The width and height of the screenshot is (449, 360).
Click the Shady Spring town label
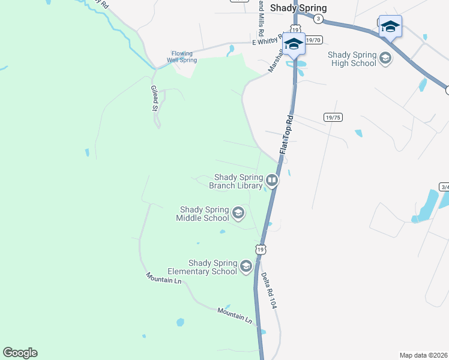[x=298, y=8]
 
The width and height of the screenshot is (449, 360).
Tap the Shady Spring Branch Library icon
[x=272, y=180]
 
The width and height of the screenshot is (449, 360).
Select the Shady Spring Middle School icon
[x=238, y=212]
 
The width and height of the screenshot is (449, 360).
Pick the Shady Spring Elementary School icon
[x=246, y=266]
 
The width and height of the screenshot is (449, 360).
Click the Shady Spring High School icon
[x=385, y=58]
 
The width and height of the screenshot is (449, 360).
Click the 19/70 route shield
[x=314, y=40]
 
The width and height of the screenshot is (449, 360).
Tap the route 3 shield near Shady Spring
[x=318, y=19]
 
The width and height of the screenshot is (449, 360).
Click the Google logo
[x=20, y=353]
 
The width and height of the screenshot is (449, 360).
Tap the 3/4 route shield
[x=444, y=187]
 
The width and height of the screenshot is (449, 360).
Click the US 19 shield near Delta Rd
[x=260, y=248]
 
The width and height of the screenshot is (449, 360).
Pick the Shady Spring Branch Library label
[x=236, y=181]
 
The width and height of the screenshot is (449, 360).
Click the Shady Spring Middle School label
[x=203, y=214]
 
